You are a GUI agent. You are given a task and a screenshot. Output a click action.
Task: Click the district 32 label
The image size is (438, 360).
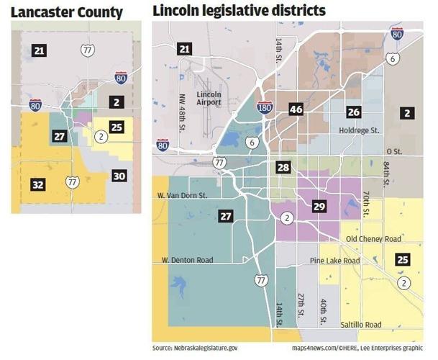coord(38,185)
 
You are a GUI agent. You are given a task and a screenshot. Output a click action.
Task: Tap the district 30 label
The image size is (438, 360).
coord(119,175)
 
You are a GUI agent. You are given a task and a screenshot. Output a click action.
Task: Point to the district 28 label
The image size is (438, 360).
coord(283,167)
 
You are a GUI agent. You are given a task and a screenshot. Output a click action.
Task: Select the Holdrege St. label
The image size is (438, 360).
coord(357,130)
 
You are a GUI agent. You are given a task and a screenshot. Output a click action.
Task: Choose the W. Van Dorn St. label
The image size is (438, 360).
coord(182,195)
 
